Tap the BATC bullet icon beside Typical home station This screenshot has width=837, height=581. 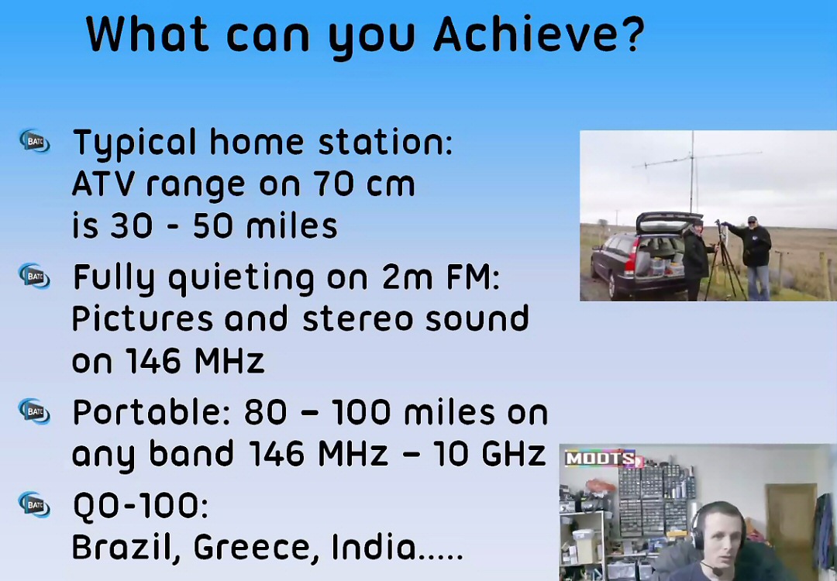[x=35, y=142]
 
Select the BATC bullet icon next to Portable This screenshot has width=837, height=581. [x=35, y=412]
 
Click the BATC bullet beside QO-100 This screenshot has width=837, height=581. [x=35, y=505]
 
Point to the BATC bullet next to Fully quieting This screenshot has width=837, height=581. [x=35, y=277]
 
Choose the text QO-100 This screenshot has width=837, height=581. [x=139, y=506]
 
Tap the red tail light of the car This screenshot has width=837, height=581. [x=632, y=256]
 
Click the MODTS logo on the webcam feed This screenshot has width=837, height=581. [x=603, y=459]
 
